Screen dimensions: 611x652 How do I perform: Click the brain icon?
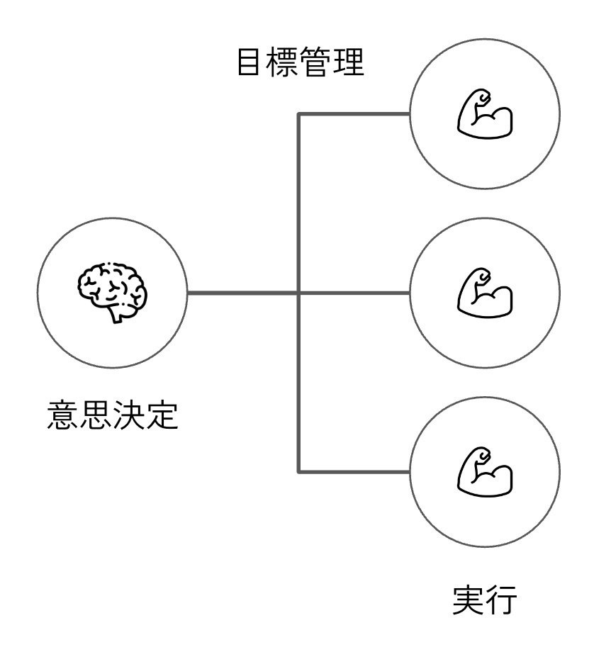(x=112, y=292)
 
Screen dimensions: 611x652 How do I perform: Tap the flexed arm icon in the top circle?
(x=485, y=113)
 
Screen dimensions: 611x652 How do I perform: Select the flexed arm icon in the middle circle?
(x=485, y=293)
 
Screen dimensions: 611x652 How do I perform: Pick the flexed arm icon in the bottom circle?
(x=485, y=472)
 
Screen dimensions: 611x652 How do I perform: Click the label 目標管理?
(x=301, y=62)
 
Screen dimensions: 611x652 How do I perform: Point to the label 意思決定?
(x=112, y=415)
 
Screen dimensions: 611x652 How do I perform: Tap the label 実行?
(x=485, y=600)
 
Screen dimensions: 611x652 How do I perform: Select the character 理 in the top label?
(x=349, y=62)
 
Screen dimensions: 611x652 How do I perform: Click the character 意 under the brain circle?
(x=62, y=415)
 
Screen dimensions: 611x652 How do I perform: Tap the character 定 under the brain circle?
(x=162, y=415)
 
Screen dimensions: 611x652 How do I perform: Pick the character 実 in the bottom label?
(x=469, y=600)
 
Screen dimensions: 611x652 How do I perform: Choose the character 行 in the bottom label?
(x=501, y=600)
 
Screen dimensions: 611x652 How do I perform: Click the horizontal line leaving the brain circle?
(x=243, y=293)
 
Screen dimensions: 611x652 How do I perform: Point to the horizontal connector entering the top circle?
(x=354, y=113)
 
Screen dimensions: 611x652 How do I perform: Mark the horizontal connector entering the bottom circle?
(x=354, y=472)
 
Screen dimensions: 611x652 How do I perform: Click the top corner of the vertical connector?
(x=298, y=113)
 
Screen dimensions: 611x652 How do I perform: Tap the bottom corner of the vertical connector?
(x=298, y=472)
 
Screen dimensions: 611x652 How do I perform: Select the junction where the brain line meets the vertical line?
(x=298, y=293)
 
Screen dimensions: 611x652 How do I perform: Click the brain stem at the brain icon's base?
(x=116, y=316)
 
